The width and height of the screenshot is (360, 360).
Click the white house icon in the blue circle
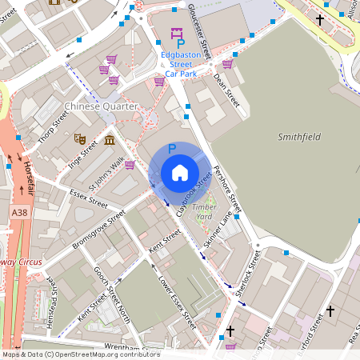click(179, 173)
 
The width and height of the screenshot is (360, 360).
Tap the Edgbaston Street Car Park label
click(180, 64)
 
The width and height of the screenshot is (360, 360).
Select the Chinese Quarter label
click(101, 106)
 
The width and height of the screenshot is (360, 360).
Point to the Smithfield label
click(299, 137)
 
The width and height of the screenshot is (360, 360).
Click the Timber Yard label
click(204, 212)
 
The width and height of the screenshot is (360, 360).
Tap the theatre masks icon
click(79, 138)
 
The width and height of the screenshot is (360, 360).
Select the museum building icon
click(109, 142)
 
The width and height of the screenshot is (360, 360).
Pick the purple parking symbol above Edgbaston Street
click(178, 37)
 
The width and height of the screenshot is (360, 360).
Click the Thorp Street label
click(54, 124)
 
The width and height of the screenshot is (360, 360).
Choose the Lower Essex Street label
click(176, 304)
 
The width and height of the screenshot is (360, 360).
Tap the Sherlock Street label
click(249, 277)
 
